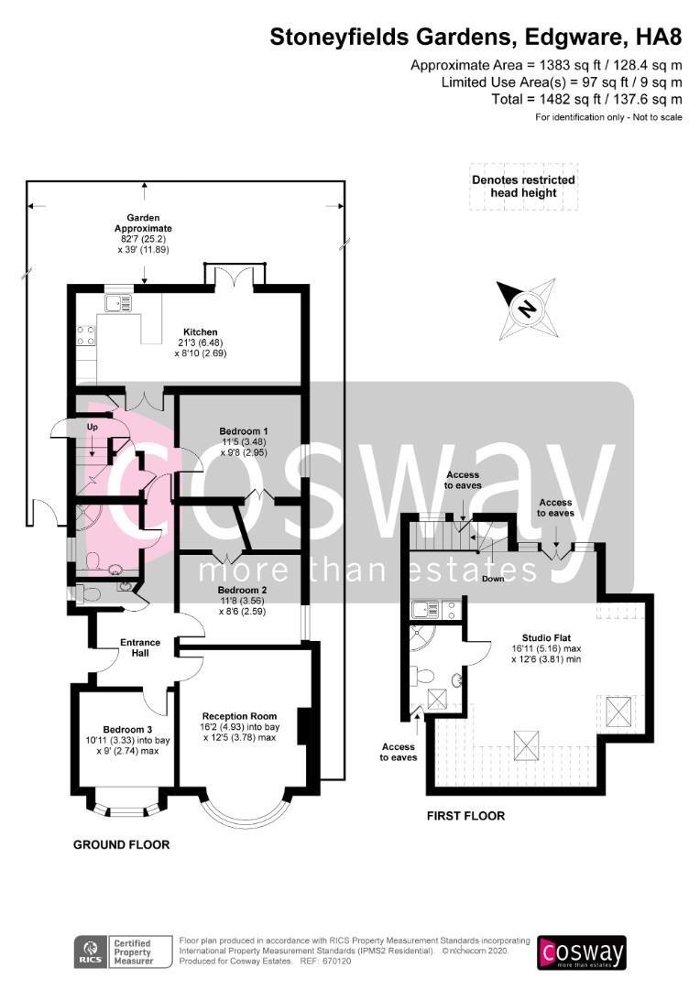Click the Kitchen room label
(200, 331)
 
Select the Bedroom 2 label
(243, 591)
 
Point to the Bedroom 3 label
(128, 730)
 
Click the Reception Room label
(239, 716)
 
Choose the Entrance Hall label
(140, 647)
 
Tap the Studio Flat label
(546, 637)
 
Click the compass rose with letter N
(527, 310)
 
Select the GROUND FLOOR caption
(121, 844)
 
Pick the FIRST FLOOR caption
(465, 816)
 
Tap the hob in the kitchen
(86, 335)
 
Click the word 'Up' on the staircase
(93, 427)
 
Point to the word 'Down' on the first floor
(493, 579)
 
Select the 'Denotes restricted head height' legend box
(523, 187)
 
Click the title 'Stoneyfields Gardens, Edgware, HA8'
(476, 38)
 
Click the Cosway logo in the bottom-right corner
(581, 953)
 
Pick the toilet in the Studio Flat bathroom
(421, 676)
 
